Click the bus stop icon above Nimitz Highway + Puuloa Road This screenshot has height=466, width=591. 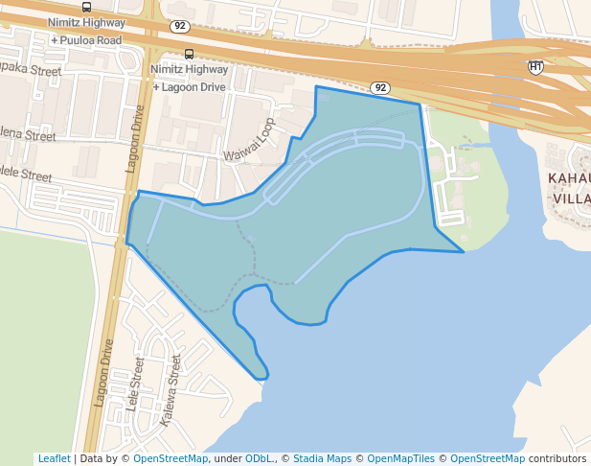(87, 7)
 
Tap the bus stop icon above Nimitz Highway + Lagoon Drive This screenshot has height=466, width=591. (189, 54)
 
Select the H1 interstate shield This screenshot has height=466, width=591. (536, 67)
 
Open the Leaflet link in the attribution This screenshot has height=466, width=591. (54, 458)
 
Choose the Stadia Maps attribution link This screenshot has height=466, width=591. (322, 458)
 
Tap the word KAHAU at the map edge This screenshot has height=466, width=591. (568, 178)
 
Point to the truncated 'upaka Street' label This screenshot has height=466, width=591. (31, 70)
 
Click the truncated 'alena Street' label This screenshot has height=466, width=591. (28, 135)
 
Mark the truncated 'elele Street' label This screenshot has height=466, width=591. (26, 175)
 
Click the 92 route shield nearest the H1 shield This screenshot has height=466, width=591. (381, 87)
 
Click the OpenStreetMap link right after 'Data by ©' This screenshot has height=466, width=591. (170, 458)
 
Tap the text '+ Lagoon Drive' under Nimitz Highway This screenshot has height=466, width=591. (190, 86)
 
